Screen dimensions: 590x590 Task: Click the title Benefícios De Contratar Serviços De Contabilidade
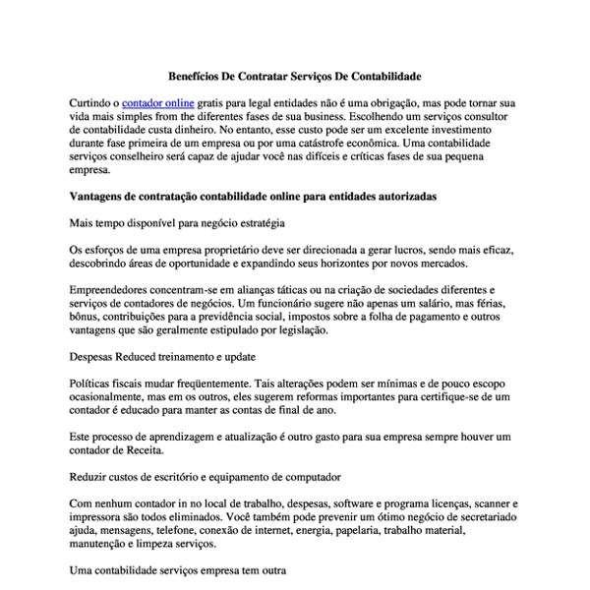point(294,75)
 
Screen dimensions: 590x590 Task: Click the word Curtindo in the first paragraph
point(93,102)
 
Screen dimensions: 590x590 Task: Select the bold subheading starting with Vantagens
point(254,197)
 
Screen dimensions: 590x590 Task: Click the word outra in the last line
point(269,568)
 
